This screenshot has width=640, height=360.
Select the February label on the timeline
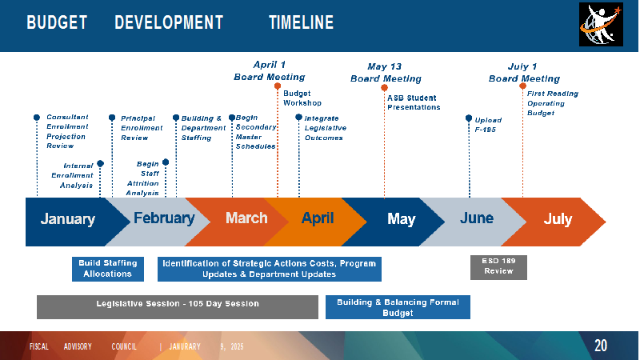tap(164, 218)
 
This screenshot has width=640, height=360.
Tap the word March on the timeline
tap(246, 218)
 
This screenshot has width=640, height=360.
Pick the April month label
tap(318, 218)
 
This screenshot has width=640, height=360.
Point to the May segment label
tap(402, 219)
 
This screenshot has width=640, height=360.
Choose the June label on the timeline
tap(477, 218)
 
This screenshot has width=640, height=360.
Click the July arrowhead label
tap(558, 219)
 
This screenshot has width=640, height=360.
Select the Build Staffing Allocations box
tap(108, 269)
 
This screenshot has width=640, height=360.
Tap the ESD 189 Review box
tap(498, 267)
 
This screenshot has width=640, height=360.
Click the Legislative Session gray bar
tap(178, 307)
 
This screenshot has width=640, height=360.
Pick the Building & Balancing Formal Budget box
tap(398, 307)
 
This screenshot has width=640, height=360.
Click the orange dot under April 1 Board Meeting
tap(278, 86)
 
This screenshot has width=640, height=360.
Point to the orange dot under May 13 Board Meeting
tap(384, 88)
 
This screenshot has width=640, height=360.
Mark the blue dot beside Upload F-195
tap(469, 118)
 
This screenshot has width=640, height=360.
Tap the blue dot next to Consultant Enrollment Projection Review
tap(37, 118)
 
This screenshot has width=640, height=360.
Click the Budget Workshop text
tap(302, 98)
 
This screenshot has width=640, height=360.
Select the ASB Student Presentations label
tap(414, 102)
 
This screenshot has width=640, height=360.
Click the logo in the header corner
tap(601, 24)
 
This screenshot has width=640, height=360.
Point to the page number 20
tap(601, 346)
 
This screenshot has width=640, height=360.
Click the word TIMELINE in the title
tap(302, 22)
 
